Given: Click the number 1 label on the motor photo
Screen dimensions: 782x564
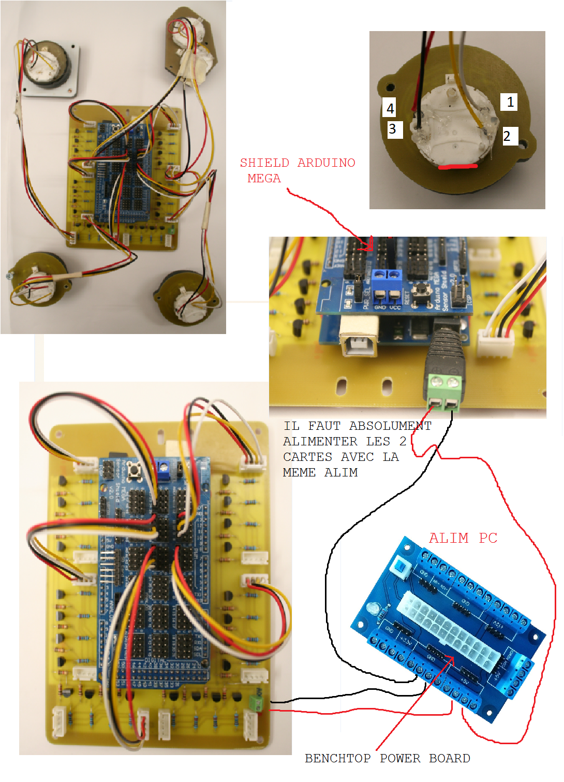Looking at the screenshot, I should pos(510,102).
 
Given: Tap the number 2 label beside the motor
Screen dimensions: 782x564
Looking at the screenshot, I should pos(508,136).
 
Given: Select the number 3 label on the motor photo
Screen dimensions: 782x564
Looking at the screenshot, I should pos(393,129).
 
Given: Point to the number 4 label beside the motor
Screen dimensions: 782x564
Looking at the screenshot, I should pos(390,108).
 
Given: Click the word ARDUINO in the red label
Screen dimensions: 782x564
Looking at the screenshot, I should pos(326,163).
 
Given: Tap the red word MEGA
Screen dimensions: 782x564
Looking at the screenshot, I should pos(264,178).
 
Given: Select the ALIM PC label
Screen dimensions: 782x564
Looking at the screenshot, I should pos(463,538).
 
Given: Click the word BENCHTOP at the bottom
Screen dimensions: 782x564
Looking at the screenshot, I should pos(337,758).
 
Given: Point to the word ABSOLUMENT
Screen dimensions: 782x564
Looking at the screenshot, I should pos(390,426).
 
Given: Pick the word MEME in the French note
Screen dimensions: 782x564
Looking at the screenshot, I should pos(299,472).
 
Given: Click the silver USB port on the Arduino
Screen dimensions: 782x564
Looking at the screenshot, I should pos(359,342).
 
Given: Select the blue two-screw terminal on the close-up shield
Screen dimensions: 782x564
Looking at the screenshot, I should pos(388,275).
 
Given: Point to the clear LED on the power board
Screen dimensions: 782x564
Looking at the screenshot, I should pos(373,609).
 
